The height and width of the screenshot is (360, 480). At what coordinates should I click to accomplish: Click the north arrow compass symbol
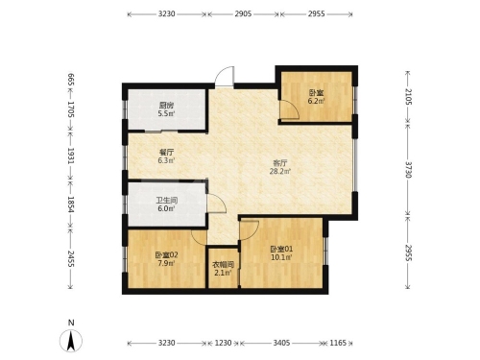click(71, 340)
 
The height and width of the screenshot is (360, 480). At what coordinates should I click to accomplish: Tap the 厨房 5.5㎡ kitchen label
click(166, 109)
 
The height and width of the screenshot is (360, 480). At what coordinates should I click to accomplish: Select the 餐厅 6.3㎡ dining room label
click(166, 156)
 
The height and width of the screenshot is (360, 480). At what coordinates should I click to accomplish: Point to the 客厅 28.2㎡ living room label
click(280, 167)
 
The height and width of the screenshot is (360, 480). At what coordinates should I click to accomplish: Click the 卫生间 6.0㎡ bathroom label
click(166, 204)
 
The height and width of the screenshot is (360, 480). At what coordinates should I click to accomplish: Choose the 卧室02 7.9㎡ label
click(166, 259)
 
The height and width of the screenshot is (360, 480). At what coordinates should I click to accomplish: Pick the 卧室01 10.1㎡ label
click(281, 252)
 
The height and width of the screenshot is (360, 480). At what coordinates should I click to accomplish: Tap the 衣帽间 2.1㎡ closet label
click(223, 269)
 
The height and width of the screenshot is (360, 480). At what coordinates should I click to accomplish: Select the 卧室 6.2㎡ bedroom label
click(316, 97)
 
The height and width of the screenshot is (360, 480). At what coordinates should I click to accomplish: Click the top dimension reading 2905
click(243, 13)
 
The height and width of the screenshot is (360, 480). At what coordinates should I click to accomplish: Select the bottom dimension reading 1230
click(223, 343)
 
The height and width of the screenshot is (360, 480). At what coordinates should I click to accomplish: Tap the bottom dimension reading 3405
click(281, 343)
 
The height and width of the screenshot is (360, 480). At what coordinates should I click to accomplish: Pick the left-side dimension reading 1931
click(71, 156)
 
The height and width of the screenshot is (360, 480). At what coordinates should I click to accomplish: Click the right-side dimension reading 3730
click(409, 169)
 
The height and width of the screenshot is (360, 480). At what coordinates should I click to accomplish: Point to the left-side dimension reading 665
click(71, 80)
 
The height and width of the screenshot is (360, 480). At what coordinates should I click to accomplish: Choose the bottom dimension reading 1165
click(338, 343)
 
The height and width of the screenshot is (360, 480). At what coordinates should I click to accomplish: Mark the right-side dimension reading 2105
click(409, 97)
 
